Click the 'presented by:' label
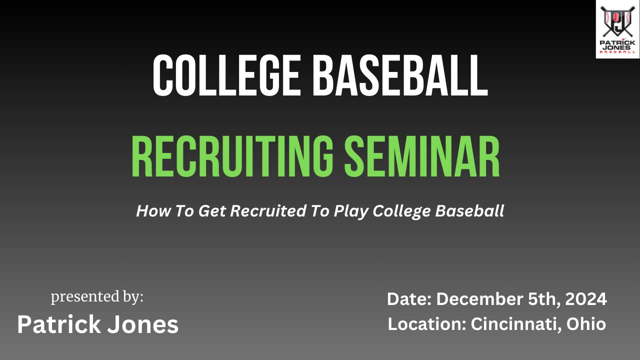[x=97, y=297]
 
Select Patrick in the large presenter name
[x=58, y=324]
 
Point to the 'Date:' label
[x=409, y=299]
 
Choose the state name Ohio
[x=586, y=324]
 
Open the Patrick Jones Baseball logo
[x=617, y=29]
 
